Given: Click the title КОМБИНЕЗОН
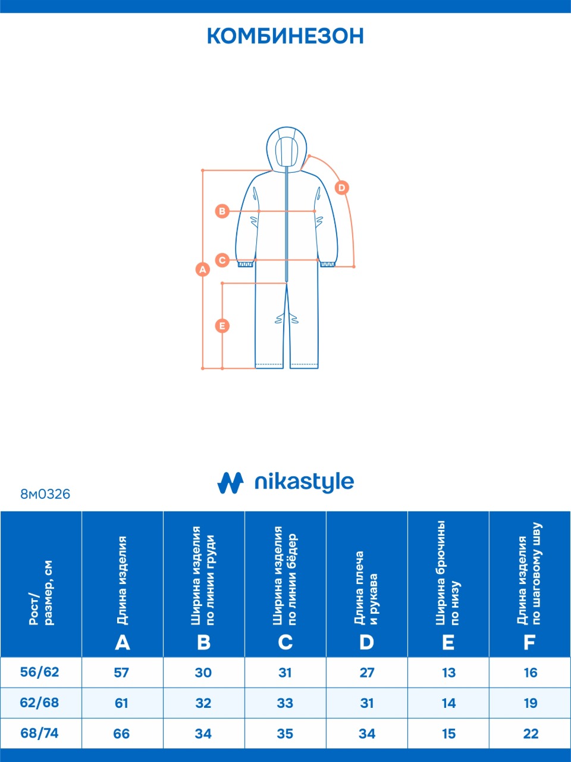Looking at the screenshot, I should tap(285, 36).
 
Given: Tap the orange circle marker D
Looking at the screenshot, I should tap(341, 188).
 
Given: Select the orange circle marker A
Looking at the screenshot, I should tap(203, 269).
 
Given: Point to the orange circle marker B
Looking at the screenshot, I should tap(222, 211).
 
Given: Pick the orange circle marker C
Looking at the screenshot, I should tap(222, 260).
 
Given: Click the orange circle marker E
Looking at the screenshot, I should tap(222, 326).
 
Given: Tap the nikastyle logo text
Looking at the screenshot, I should tap(304, 482).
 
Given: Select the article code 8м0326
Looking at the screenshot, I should tap(45, 494).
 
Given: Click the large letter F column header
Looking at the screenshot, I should tap(529, 642).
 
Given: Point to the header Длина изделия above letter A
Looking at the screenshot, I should tap(122, 580).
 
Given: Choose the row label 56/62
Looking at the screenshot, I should tap(40, 672).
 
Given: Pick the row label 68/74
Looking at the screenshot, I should tap(40, 733).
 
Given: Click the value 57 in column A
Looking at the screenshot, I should tap(121, 673).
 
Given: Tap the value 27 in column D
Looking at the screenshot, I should tap(367, 673).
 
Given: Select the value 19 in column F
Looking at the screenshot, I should tap(531, 703).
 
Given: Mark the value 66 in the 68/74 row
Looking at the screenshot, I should tap(121, 734).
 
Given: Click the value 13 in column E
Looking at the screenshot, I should tap(448, 673).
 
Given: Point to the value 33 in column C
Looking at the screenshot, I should tap(285, 703).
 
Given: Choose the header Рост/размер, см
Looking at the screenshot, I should tap(40, 592).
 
